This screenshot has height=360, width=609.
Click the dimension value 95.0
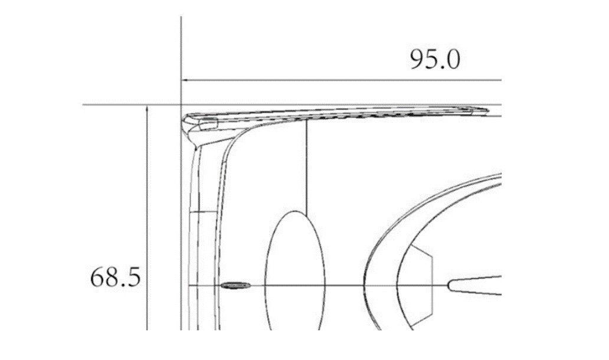(435, 60)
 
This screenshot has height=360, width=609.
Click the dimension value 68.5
(115, 277)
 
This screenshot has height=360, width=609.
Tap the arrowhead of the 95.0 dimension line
(185, 80)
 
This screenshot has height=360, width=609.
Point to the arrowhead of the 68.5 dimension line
(147, 109)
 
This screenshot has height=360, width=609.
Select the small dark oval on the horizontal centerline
(235, 286)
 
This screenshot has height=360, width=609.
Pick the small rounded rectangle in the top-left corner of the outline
(208, 123)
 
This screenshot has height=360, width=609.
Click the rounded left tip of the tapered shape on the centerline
(448, 286)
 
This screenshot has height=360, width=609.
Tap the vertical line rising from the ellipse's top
(306, 167)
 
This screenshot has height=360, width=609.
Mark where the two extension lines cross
(181, 104)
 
